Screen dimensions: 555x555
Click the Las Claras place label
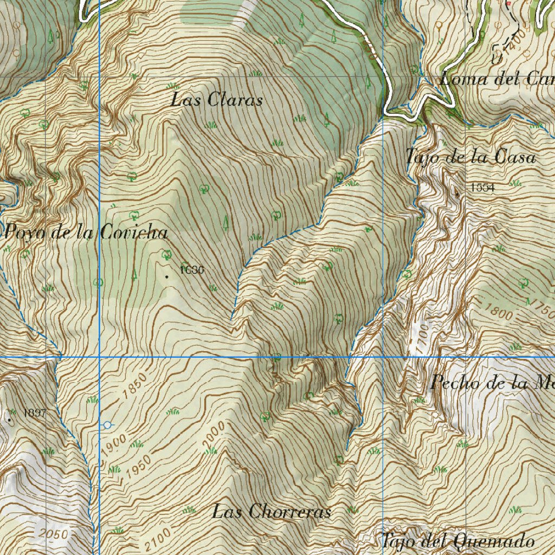(x=217, y=100)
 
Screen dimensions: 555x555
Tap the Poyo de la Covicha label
(x=86, y=233)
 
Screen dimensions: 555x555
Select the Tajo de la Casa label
(x=470, y=157)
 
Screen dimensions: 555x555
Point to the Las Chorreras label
(x=271, y=511)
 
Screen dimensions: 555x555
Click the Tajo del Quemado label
(x=458, y=540)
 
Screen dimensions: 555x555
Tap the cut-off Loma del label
(x=496, y=79)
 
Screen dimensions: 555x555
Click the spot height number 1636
(x=192, y=269)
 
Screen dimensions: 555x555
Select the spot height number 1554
(x=482, y=188)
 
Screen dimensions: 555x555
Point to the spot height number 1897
(x=35, y=414)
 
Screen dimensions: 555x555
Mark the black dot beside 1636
(x=166, y=276)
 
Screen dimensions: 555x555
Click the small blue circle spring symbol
(x=107, y=425)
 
